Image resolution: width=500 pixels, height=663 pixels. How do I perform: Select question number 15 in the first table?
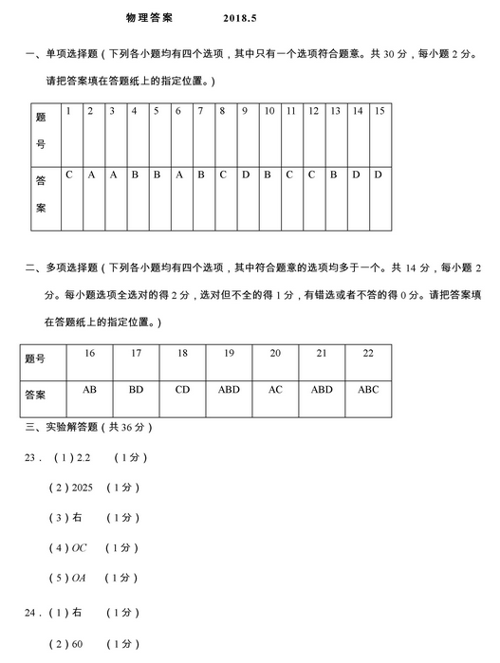click(x=379, y=112)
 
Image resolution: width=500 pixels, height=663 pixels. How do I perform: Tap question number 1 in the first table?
click(x=68, y=112)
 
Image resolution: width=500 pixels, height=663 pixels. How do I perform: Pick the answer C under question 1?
click(x=68, y=175)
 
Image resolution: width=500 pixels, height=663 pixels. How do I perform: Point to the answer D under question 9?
click(x=245, y=175)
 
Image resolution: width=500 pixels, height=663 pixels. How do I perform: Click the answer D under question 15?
click(x=378, y=175)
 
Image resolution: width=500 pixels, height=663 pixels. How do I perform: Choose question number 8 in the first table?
click(x=222, y=112)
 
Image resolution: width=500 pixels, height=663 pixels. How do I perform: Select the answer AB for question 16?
click(x=90, y=389)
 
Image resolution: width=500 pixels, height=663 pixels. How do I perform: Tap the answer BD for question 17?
click(x=137, y=389)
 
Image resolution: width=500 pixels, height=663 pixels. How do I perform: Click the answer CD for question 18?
click(x=183, y=389)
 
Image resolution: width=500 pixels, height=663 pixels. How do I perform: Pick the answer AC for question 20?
click(x=275, y=389)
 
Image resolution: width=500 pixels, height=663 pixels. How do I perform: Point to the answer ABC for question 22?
click(x=368, y=389)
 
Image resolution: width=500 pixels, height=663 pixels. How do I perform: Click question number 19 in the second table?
click(x=229, y=353)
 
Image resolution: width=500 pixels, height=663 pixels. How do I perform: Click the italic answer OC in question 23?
click(x=80, y=547)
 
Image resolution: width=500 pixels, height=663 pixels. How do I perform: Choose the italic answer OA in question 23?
click(x=80, y=578)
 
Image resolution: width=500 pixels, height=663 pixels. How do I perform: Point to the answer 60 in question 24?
click(x=78, y=645)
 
